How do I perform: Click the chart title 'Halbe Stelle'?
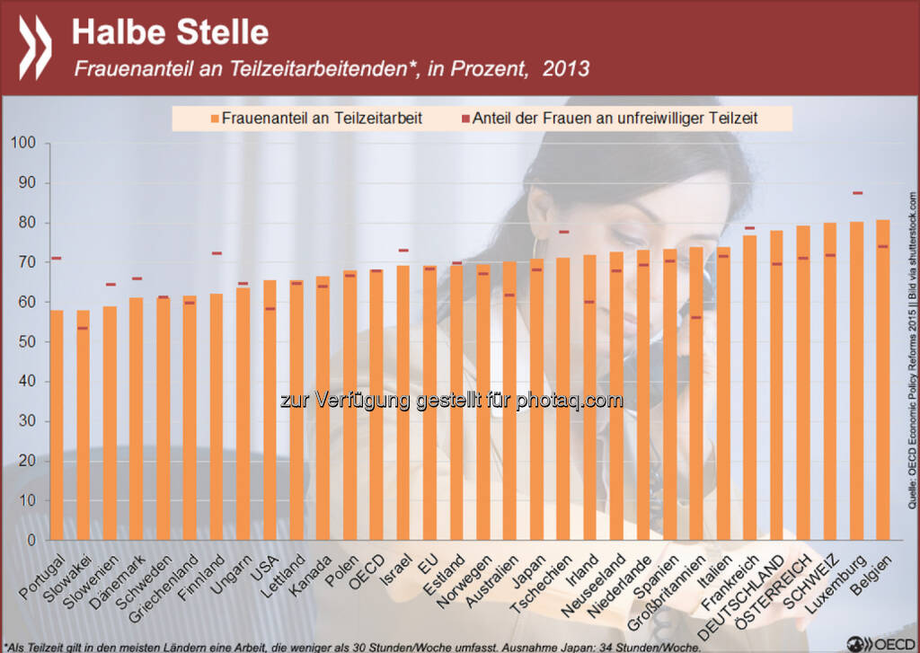170,32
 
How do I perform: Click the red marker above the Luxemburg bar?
856,193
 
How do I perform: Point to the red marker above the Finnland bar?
217,253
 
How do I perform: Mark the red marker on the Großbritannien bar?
696,318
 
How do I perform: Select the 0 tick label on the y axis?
30,541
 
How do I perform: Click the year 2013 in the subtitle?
566,69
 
